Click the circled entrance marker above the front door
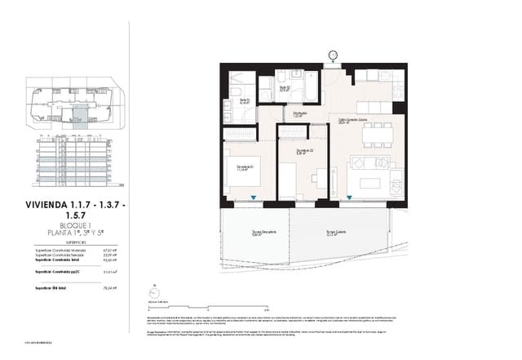coord(333,55)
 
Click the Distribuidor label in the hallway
coord(300,115)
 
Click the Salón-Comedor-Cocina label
coord(354,121)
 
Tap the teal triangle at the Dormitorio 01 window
coord(254,198)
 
